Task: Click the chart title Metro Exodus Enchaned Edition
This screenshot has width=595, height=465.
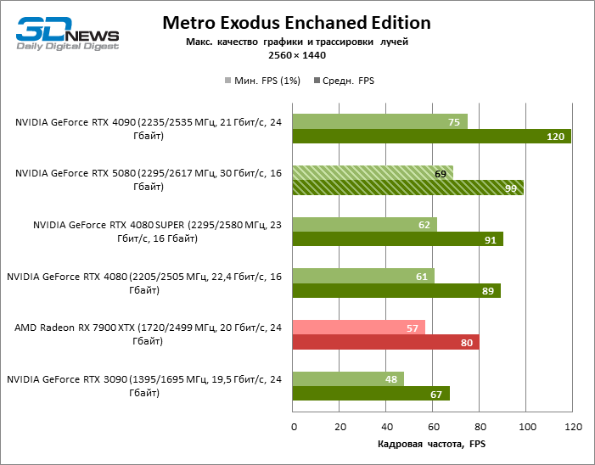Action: (x=296, y=23)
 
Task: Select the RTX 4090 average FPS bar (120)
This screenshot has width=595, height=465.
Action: (x=431, y=137)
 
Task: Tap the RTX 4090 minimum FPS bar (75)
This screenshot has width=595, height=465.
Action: (x=379, y=122)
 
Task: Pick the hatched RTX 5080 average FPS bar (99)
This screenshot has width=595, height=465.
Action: (x=407, y=188)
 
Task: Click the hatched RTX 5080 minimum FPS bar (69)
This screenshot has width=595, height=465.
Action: (x=373, y=173)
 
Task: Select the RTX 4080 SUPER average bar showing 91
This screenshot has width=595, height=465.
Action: (x=397, y=239)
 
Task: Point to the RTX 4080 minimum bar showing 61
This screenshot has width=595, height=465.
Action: (x=363, y=276)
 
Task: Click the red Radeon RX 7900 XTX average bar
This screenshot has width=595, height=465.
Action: (x=385, y=342)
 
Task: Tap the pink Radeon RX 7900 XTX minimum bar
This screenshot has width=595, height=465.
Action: (x=358, y=328)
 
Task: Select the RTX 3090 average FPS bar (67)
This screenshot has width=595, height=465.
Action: (x=370, y=394)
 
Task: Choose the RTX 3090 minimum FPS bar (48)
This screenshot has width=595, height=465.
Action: (x=348, y=379)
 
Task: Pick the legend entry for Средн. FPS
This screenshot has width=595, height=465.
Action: (x=344, y=81)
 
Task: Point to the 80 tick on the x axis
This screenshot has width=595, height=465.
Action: (x=480, y=425)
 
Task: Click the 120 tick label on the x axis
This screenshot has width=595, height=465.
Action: (x=573, y=425)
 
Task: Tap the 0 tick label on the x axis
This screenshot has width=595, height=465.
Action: (x=293, y=425)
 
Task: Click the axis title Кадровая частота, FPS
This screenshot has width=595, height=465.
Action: (x=431, y=444)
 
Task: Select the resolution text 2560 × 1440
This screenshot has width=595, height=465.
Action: (x=296, y=55)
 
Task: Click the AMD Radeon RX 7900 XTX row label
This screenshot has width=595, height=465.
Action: (x=149, y=334)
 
